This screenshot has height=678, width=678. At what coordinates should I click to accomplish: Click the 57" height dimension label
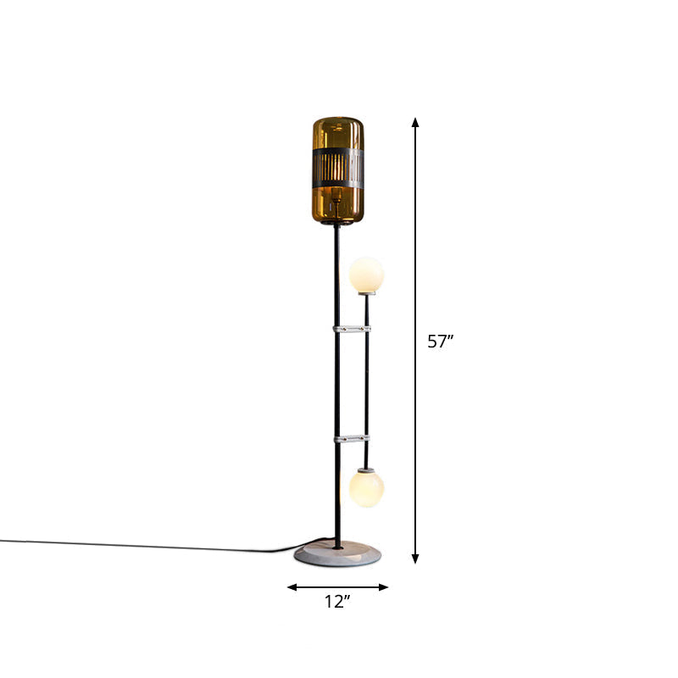[x=440, y=342]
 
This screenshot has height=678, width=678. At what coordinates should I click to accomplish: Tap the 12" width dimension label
[x=337, y=602]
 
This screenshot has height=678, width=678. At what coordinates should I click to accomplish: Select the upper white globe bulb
[x=366, y=274]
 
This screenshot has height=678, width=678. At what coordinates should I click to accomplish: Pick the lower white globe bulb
[x=366, y=489]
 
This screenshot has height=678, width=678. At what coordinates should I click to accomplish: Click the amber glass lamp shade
[x=338, y=170]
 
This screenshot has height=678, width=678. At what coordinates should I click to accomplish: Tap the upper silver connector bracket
[x=352, y=329]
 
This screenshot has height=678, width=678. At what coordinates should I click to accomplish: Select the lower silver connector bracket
[x=352, y=439]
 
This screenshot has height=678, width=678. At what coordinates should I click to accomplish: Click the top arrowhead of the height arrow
[x=415, y=121]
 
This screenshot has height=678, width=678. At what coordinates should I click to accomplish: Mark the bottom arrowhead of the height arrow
[x=415, y=559]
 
